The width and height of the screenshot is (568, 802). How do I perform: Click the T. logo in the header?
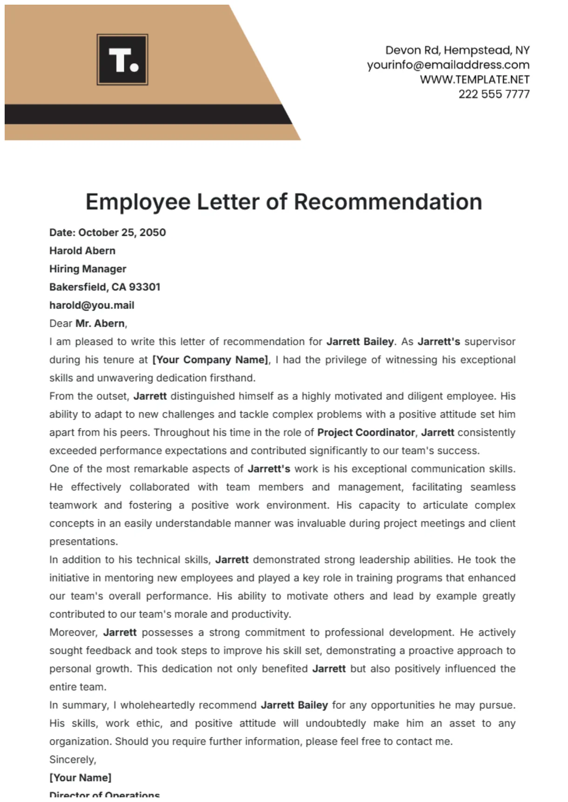(122, 60)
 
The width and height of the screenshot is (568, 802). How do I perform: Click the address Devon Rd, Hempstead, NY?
(457, 50)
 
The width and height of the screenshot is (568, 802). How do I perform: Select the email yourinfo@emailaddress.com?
(448, 65)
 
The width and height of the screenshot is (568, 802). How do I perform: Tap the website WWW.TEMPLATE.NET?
(474, 80)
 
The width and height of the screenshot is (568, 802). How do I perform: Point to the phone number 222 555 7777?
(494, 94)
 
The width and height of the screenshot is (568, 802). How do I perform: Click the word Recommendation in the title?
(388, 202)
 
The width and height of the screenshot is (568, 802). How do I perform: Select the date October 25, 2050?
(122, 233)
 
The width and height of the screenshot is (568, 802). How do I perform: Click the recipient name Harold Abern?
(82, 251)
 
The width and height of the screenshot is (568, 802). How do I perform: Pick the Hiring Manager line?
(88, 269)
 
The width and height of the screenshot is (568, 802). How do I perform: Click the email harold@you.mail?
(92, 305)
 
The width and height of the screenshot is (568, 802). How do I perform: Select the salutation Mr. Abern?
(100, 323)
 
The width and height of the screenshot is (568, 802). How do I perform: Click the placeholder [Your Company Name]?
(210, 360)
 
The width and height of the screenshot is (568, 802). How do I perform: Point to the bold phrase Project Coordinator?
(366, 432)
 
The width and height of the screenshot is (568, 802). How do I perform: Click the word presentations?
(83, 542)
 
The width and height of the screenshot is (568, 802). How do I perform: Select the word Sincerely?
(72, 760)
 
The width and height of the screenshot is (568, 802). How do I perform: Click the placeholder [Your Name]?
(81, 778)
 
